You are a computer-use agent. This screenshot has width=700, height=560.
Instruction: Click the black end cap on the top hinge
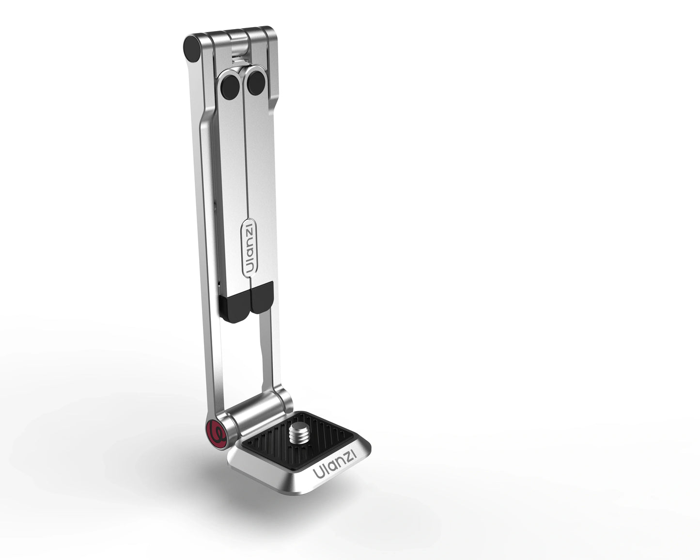[192, 49]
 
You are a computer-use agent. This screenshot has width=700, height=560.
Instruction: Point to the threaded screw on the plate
[299, 432]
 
